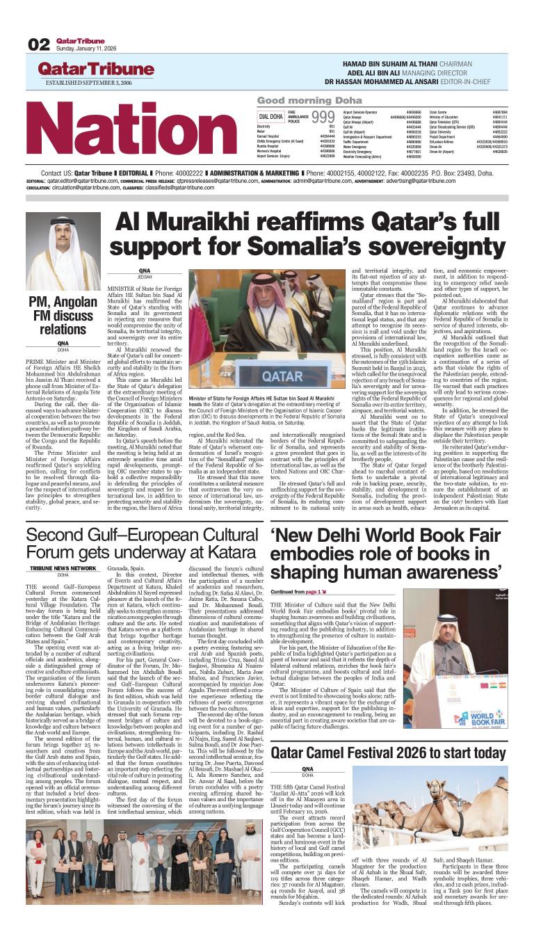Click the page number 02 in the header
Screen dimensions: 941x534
[39, 45]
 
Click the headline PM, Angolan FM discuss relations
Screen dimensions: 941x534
[62, 315]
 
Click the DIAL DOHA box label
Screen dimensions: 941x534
[270, 116]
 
